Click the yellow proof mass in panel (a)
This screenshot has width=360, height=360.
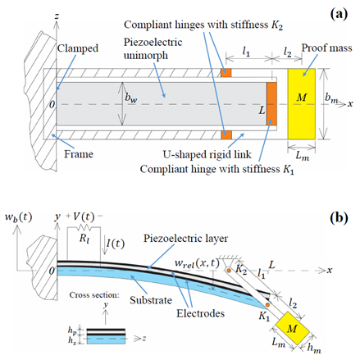click(301, 104)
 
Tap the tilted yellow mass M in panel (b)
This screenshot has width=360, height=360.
click(292, 329)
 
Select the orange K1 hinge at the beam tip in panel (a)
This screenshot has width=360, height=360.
click(271, 104)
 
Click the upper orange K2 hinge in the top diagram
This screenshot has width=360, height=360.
click(226, 73)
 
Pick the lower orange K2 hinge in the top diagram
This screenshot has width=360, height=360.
click(226, 134)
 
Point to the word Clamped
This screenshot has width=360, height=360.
click(78, 48)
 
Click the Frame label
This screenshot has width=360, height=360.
click(79, 154)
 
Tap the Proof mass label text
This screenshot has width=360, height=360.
click(326, 48)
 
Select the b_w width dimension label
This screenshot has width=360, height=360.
click(131, 98)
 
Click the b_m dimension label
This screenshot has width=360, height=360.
click(331, 98)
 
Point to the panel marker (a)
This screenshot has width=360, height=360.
click(339, 14)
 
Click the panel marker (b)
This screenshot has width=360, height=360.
click(339, 218)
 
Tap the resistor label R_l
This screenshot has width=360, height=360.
click(84, 239)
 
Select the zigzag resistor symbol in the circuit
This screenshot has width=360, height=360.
click(84, 227)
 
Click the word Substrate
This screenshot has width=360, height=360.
click(151, 300)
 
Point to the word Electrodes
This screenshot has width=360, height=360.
click(200, 313)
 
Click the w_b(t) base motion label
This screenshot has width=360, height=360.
click(19, 217)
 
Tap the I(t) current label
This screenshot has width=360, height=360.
click(116, 244)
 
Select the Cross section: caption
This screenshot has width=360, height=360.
click(94, 295)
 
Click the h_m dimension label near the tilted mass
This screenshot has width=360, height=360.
click(314, 349)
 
